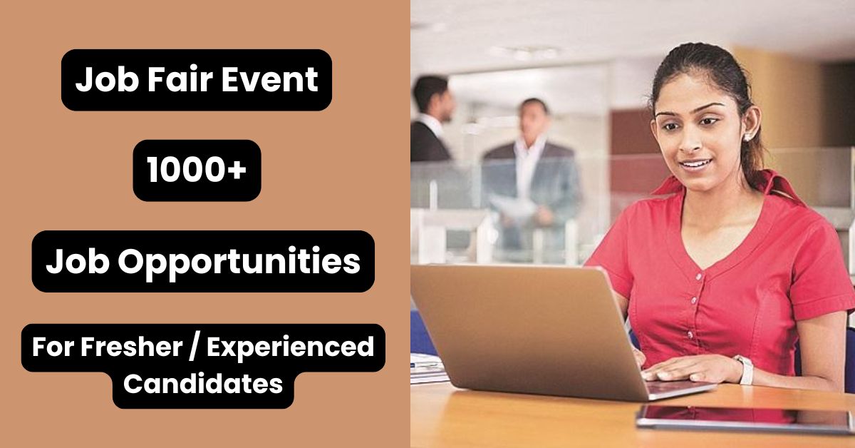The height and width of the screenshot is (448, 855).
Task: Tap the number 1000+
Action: click(x=197, y=170)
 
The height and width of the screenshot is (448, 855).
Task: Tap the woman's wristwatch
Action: click(x=744, y=369)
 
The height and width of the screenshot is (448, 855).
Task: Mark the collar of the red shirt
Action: click(x=720, y=214)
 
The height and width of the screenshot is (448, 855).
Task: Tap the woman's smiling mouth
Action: click(x=693, y=166)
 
